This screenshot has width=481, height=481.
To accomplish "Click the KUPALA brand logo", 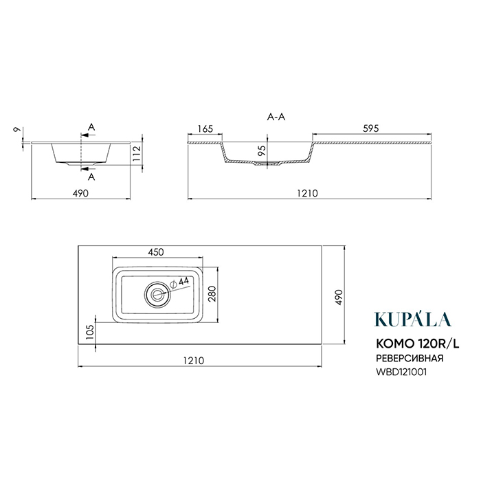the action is coord(412,319).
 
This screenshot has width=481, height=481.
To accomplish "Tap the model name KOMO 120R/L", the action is coord(418,344).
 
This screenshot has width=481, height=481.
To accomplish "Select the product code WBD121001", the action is coord(401,372).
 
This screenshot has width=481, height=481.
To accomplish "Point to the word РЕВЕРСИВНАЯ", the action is coord(410,358).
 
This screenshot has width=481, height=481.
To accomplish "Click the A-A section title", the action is coord(276,117).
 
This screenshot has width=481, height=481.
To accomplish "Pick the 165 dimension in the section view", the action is coord(205,129).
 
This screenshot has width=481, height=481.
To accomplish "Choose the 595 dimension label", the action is coord(371,128).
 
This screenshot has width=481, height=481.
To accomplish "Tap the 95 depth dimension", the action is coord(262,150).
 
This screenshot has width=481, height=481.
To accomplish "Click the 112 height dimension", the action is coord(137,153).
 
